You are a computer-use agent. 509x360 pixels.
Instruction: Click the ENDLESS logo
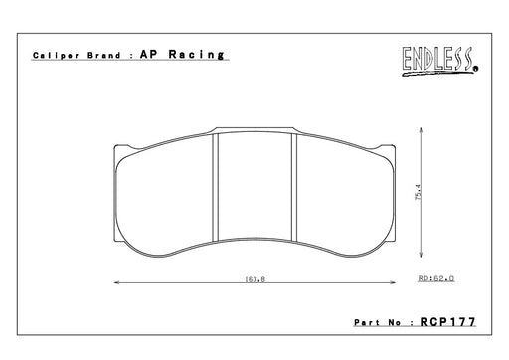(x=440, y=61)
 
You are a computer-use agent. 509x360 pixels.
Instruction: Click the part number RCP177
(x=448, y=322)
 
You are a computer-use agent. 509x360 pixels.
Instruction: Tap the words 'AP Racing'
(x=182, y=54)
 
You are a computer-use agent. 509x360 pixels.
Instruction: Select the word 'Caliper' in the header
(x=56, y=55)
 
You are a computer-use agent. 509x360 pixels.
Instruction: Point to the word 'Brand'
(x=104, y=55)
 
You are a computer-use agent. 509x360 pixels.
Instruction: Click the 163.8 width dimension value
(x=254, y=279)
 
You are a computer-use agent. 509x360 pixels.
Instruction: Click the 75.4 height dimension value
(x=419, y=192)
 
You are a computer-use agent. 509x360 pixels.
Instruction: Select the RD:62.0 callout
(x=436, y=278)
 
